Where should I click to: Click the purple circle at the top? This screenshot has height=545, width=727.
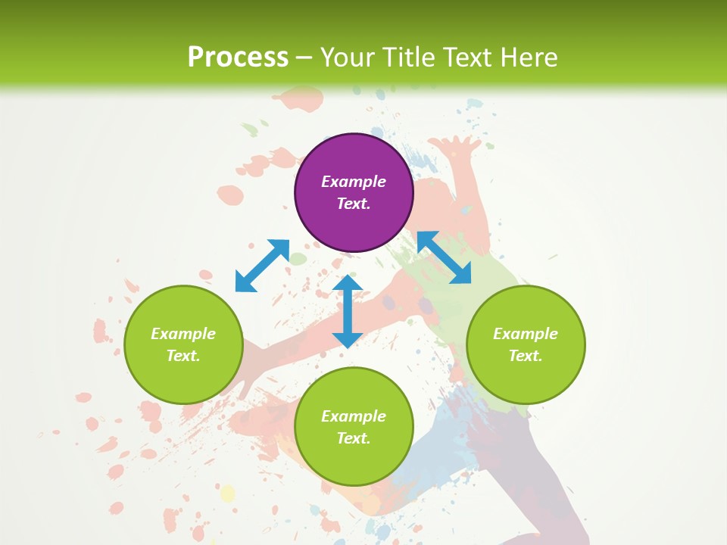(354, 192)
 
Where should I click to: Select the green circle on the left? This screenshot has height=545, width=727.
(183, 344)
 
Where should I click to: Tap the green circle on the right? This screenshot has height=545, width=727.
(526, 344)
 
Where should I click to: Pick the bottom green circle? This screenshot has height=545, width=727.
(354, 427)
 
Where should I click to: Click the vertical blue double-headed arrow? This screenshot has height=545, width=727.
(348, 311)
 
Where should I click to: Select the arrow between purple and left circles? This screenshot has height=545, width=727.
(262, 266)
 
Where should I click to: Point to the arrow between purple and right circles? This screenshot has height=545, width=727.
(444, 257)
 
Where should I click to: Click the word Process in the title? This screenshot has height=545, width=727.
(238, 57)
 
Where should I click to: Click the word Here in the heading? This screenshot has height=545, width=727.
(529, 57)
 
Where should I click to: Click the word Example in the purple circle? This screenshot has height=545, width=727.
(354, 182)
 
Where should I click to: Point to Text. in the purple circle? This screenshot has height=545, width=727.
(354, 204)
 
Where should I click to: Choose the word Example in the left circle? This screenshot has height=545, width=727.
(183, 334)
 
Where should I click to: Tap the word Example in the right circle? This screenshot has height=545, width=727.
(526, 334)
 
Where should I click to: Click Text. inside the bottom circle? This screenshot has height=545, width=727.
(354, 438)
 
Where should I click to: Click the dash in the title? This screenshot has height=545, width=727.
(304, 58)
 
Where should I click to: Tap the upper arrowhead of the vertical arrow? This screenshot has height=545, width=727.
(348, 284)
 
